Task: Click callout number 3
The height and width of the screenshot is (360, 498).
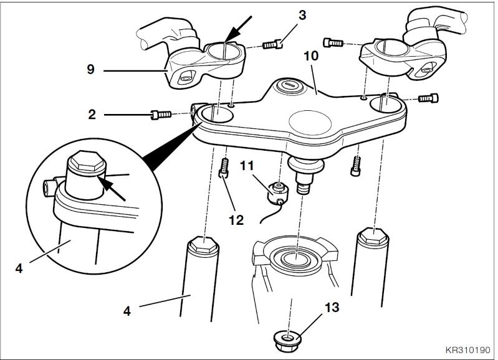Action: click(302, 15)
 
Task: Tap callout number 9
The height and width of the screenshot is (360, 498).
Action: click(91, 69)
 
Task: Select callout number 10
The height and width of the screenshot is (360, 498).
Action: click(311, 56)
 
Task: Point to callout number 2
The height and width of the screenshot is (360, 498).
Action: click(92, 114)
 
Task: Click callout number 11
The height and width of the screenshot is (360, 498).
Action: click(247, 166)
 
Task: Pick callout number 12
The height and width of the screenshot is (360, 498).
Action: click(236, 220)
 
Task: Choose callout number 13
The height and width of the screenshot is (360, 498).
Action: click(332, 307)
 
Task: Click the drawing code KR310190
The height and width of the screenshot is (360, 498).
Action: click(468, 350)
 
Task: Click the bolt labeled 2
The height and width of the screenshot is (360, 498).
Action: click(160, 114)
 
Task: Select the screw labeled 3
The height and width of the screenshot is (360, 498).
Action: click(273, 44)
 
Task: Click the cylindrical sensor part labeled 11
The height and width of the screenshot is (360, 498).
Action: click(279, 193)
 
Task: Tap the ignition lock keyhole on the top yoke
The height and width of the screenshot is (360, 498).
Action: click(289, 85)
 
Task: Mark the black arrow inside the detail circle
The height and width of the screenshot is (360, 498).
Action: click(111, 189)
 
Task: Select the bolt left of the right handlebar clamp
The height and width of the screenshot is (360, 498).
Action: click(333, 42)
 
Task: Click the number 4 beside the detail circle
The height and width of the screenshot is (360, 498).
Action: click(19, 268)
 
